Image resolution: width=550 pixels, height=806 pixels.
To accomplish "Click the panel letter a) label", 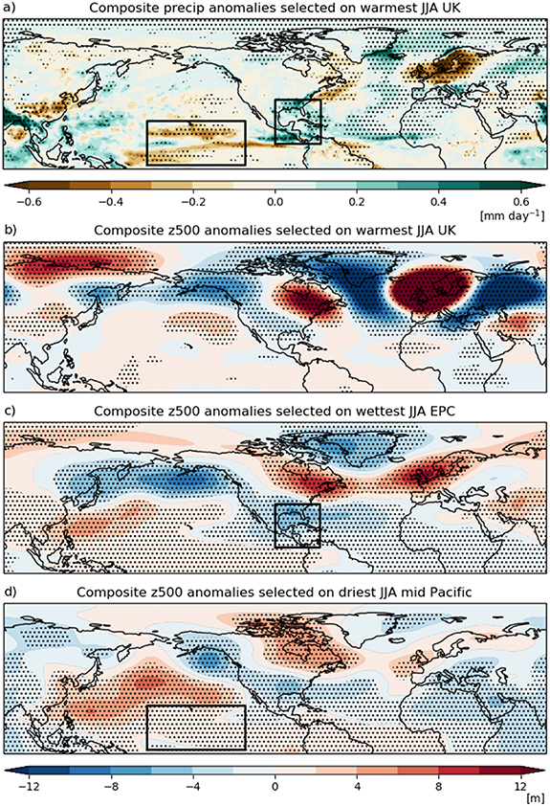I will (x=11, y=9).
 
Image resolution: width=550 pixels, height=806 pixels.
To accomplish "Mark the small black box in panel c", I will (x=297, y=526).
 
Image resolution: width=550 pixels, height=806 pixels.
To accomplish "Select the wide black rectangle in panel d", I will (x=196, y=727).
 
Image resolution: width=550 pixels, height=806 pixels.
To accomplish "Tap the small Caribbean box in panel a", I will (x=297, y=122).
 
